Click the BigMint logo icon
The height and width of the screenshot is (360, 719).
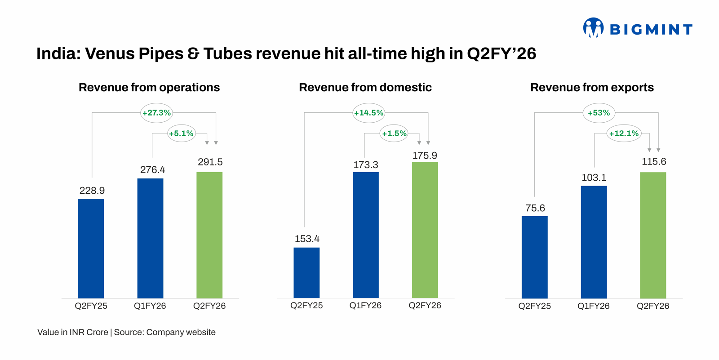(593, 28)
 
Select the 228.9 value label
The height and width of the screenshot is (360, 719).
(92, 191)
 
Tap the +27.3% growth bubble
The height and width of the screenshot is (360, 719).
(156, 113)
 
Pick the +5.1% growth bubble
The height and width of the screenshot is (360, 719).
(181, 133)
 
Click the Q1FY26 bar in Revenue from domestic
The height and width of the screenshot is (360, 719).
(365, 235)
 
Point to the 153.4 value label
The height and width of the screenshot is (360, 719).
(307, 239)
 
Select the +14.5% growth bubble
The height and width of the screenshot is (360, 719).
(368, 113)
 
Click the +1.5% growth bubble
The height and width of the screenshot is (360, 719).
(394, 133)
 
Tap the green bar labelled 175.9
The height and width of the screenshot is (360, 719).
(425, 230)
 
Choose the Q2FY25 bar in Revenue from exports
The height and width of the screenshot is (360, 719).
(534, 257)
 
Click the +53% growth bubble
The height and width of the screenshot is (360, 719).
(599, 113)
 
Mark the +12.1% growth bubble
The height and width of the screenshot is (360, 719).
(624, 133)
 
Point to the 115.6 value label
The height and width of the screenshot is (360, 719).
(654, 162)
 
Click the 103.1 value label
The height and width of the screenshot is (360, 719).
(594, 178)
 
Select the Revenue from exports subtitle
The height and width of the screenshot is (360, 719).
(592, 87)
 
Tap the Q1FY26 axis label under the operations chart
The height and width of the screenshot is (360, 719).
(150, 306)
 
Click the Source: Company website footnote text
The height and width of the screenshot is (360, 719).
(164, 332)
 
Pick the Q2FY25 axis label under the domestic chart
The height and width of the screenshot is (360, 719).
(306, 306)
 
